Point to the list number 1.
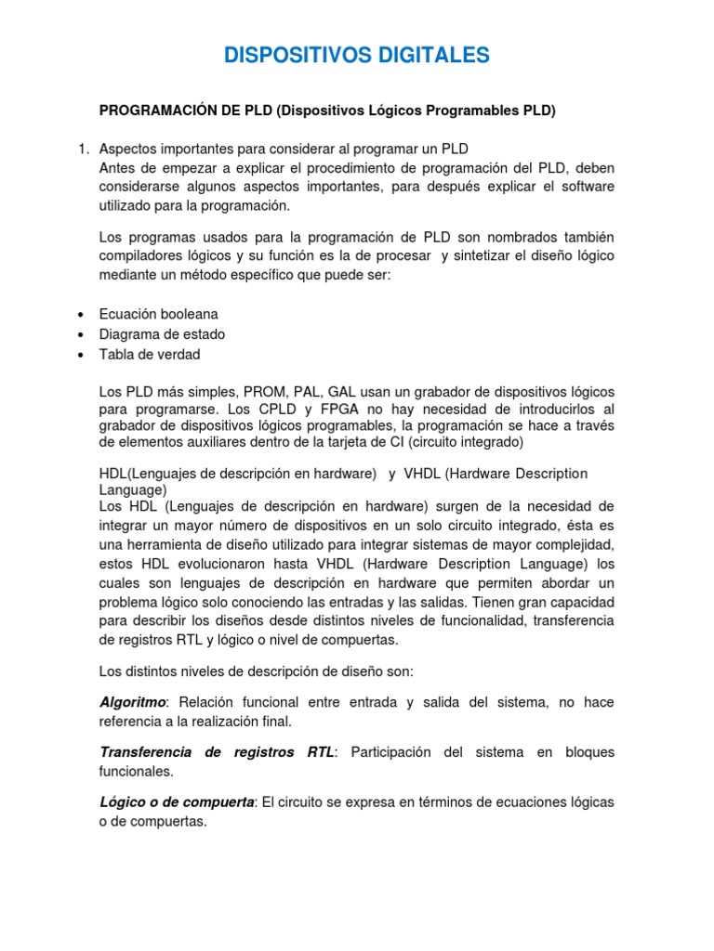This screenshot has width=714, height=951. [x=80, y=149]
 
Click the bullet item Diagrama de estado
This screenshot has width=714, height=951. [x=163, y=334]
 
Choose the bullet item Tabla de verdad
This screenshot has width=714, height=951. [x=150, y=354]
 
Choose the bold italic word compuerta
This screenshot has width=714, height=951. [x=218, y=801]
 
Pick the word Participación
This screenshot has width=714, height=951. [x=395, y=751]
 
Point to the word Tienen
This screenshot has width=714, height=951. [x=522, y=602]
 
